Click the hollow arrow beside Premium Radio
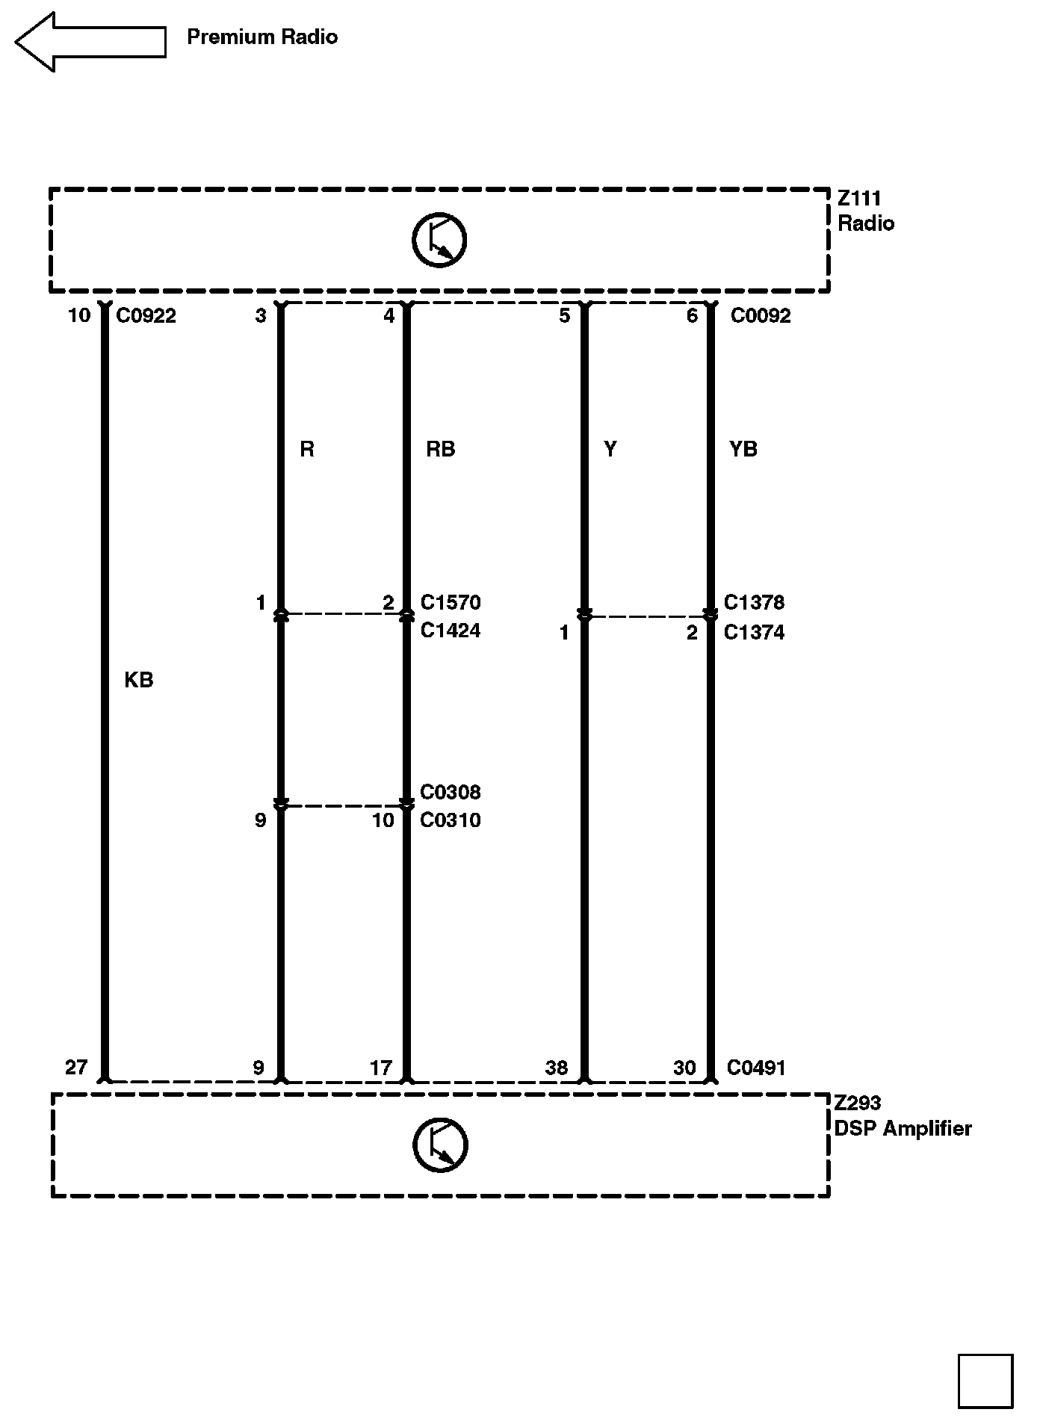90,42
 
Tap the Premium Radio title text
261,37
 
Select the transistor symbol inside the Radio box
439,240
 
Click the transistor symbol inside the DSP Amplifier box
440,1145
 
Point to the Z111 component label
859,199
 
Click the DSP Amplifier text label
903,1128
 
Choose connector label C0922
146,316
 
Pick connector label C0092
760,316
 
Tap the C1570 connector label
451,602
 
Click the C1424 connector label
451,631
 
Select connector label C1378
754,602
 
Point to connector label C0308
451,792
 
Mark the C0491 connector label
756,1068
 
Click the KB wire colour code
139,680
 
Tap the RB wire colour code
440,449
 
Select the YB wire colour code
743,449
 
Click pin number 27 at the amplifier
76,1068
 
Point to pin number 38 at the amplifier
556,1068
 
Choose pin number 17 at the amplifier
381,1068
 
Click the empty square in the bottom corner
985,1381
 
